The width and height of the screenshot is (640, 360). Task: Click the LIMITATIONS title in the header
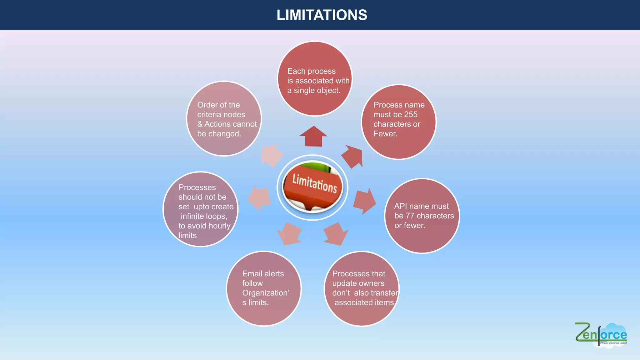pyautogui.click(x=322, y=15)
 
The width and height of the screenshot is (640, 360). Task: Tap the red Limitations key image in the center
pyautogui.click(x=312, y=187)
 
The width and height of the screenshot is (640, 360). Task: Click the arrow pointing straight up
pyautogui.click(x=313, y=136)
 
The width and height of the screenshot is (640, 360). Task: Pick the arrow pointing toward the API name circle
pyautogui.click(x=364, y=201)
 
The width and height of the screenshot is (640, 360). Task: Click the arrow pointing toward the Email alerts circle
pyautogui.click(x=289, y=234)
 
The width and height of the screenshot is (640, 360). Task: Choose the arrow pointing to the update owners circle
pyautogui.click(x=336, y=234)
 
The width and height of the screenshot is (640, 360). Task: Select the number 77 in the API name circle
pyautogui.click(x=410, y=216)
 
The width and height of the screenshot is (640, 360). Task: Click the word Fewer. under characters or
pyautogui.click(x=385, y=134)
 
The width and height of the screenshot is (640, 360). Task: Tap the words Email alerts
pyautogui.click(x=263, y=274)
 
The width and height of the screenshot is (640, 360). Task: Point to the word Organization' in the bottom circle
pyautogui.click(x=266, y=293)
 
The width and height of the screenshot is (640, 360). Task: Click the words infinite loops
pyautogui.click(x=204, y=216)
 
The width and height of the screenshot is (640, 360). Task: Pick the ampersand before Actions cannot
pyautogui.click(x=200, y=124)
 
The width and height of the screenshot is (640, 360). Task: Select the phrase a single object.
pyautogui.click(x=314, y=91)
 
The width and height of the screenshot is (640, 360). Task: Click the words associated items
pyautogui.click(x=364, y=302)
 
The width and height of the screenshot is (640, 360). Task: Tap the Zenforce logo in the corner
pyautogui.click(x=601, y=334)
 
